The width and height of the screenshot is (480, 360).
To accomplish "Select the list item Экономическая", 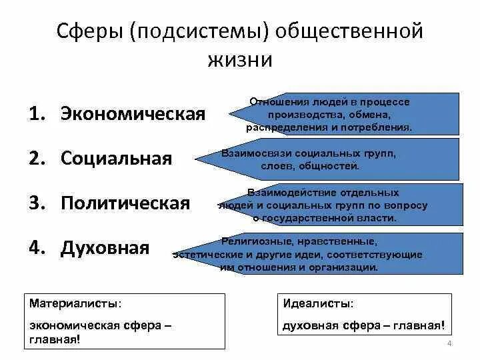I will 133,113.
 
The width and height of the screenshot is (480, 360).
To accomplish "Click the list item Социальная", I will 116,158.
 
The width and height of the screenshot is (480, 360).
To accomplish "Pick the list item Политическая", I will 125,203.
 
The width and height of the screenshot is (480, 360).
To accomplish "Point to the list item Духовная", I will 105,248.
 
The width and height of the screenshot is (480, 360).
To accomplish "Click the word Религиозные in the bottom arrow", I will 253,241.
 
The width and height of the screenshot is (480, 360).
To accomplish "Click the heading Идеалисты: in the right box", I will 319,303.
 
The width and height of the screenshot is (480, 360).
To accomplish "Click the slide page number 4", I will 450,343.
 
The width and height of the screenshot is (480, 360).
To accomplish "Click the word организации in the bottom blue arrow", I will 345,267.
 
